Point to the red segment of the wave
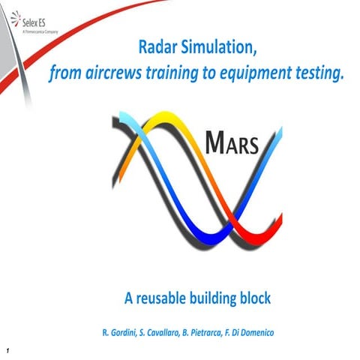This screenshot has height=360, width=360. pos(229,229)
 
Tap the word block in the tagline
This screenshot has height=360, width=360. pos(258,298)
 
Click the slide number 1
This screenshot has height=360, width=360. pos(5,350)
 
